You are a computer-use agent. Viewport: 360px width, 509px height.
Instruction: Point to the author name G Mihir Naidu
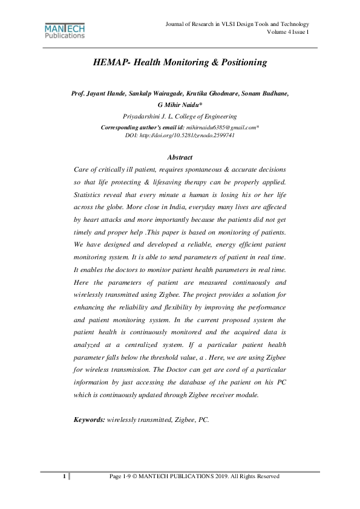pyautogui.click(x=179, y=105)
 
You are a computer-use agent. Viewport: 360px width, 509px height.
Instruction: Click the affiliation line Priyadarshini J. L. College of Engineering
pyautogui.click(x=180, y=115)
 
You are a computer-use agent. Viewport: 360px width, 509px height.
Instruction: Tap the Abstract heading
pyautogui.click(x=179, y=157)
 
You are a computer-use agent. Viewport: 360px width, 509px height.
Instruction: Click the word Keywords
pyautogui.click(x=89, y=418)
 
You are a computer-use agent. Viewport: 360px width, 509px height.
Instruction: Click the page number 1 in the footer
pyautogui.click(x=64, y=477)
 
